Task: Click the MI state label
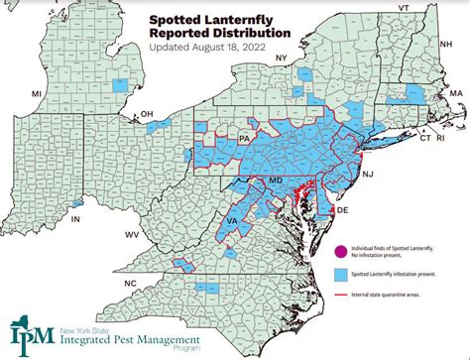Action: tap(37, 92)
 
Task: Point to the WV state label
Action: tap(132, 234)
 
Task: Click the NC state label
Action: tap(128, 284)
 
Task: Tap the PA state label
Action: tap(244, 139)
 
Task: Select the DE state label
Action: tap(342, 210)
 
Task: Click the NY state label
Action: tap(282, 59)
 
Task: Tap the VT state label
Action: tap(403, 8)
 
